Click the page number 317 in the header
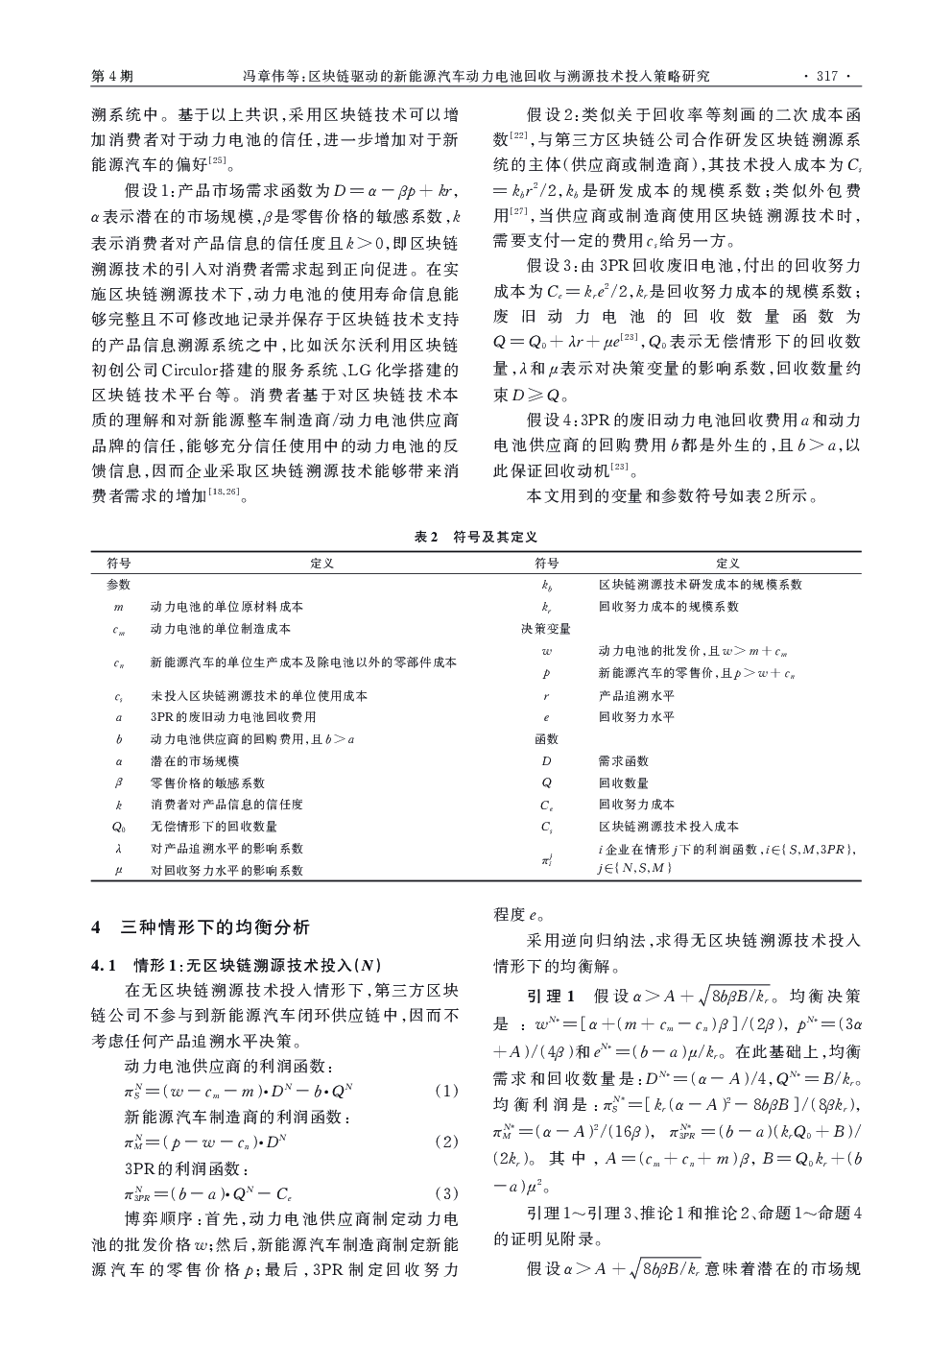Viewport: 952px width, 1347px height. [x=826, y=75]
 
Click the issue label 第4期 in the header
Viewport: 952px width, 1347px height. [x=111, y=75]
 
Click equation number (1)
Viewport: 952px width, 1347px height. [x=446, y=1091]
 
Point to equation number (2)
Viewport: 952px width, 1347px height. [x=446, y=1143]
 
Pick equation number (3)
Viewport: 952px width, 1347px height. [x=446, y=1194]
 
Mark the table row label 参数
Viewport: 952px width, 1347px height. [x=118, y=585]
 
